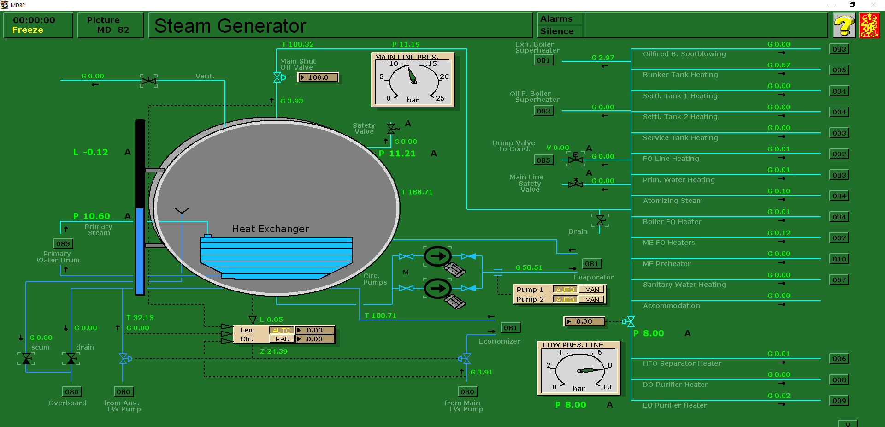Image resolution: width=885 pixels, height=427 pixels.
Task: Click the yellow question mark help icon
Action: (844, 25)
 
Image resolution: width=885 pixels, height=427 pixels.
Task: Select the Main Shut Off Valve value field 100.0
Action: (318, 77)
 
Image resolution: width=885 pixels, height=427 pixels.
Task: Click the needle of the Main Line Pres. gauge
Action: (412, 75)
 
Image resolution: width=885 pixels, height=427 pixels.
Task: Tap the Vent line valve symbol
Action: (149, 81)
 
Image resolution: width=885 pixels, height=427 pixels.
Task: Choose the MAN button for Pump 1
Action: (592, 290)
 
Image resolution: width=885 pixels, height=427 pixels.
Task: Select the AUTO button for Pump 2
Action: (565, 300)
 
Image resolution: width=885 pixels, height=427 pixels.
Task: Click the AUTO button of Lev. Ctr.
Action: (281, 331)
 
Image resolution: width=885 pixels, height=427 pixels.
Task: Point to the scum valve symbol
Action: (27, 358)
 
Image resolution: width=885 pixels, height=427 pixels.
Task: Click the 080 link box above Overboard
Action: (72, 392)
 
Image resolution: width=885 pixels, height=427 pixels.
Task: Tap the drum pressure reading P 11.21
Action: (397, 154)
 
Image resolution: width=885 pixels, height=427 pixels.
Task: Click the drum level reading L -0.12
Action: (91, 152)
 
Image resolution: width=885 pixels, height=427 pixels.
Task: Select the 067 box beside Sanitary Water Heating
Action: (839, 280)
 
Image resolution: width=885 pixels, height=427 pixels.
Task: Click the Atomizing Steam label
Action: (673, 201)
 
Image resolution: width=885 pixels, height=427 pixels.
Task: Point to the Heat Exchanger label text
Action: (270, 229)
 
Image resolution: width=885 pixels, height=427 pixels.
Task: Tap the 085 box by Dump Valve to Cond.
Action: (543, 160)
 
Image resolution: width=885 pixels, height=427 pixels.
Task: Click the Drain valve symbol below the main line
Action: (600, 220)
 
